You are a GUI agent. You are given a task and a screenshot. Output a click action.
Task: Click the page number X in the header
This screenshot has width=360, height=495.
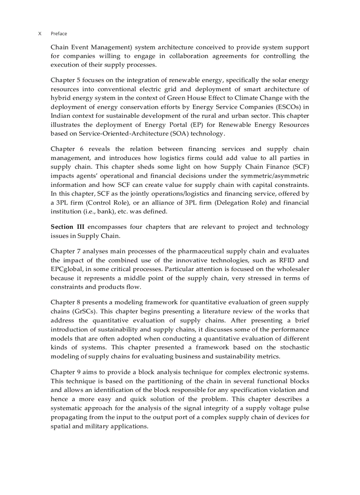40,33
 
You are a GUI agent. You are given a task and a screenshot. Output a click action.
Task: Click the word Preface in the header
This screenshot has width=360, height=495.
59,33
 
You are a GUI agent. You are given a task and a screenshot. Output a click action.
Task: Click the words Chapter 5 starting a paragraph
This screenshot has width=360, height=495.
65,80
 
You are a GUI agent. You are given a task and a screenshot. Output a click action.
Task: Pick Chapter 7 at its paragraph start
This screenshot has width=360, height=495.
65,252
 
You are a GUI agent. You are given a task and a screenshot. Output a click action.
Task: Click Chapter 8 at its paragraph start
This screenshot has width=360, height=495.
65,302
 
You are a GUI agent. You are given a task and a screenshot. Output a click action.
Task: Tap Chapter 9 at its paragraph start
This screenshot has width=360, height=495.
65,372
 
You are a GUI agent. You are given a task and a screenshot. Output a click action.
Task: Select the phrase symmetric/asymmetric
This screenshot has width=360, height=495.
272,176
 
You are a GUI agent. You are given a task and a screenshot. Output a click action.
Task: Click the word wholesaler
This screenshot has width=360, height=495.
292,269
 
